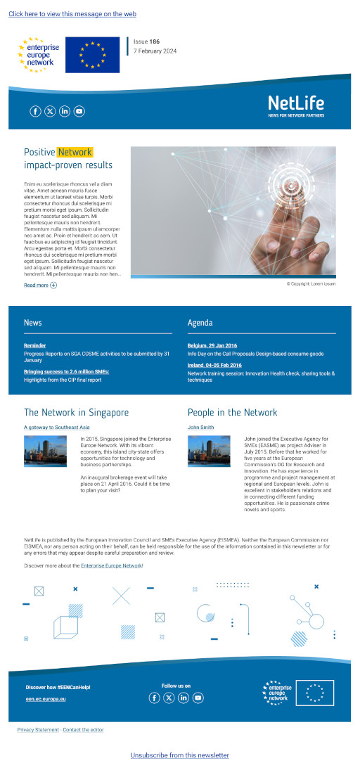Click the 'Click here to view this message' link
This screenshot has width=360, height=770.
72,14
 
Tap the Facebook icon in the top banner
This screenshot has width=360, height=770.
35,111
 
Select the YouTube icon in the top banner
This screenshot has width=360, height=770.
79,111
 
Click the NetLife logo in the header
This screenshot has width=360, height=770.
296,106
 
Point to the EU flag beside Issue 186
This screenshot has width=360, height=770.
92,55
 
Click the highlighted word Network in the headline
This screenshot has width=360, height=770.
75,152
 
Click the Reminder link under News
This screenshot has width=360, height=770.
34,346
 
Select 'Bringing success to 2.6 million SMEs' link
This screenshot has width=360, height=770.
66,371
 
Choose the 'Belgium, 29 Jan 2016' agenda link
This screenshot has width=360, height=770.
212,346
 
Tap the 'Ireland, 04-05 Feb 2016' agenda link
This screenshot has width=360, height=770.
214,366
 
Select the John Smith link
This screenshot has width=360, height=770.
200,427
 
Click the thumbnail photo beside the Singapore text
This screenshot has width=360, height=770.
45,451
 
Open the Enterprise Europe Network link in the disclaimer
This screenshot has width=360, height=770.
111,565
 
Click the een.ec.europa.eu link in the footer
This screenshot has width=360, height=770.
41,700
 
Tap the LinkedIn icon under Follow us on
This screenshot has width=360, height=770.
184,698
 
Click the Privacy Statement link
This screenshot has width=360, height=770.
38,730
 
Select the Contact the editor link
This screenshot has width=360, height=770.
83,730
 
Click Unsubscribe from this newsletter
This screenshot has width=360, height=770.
179,755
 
